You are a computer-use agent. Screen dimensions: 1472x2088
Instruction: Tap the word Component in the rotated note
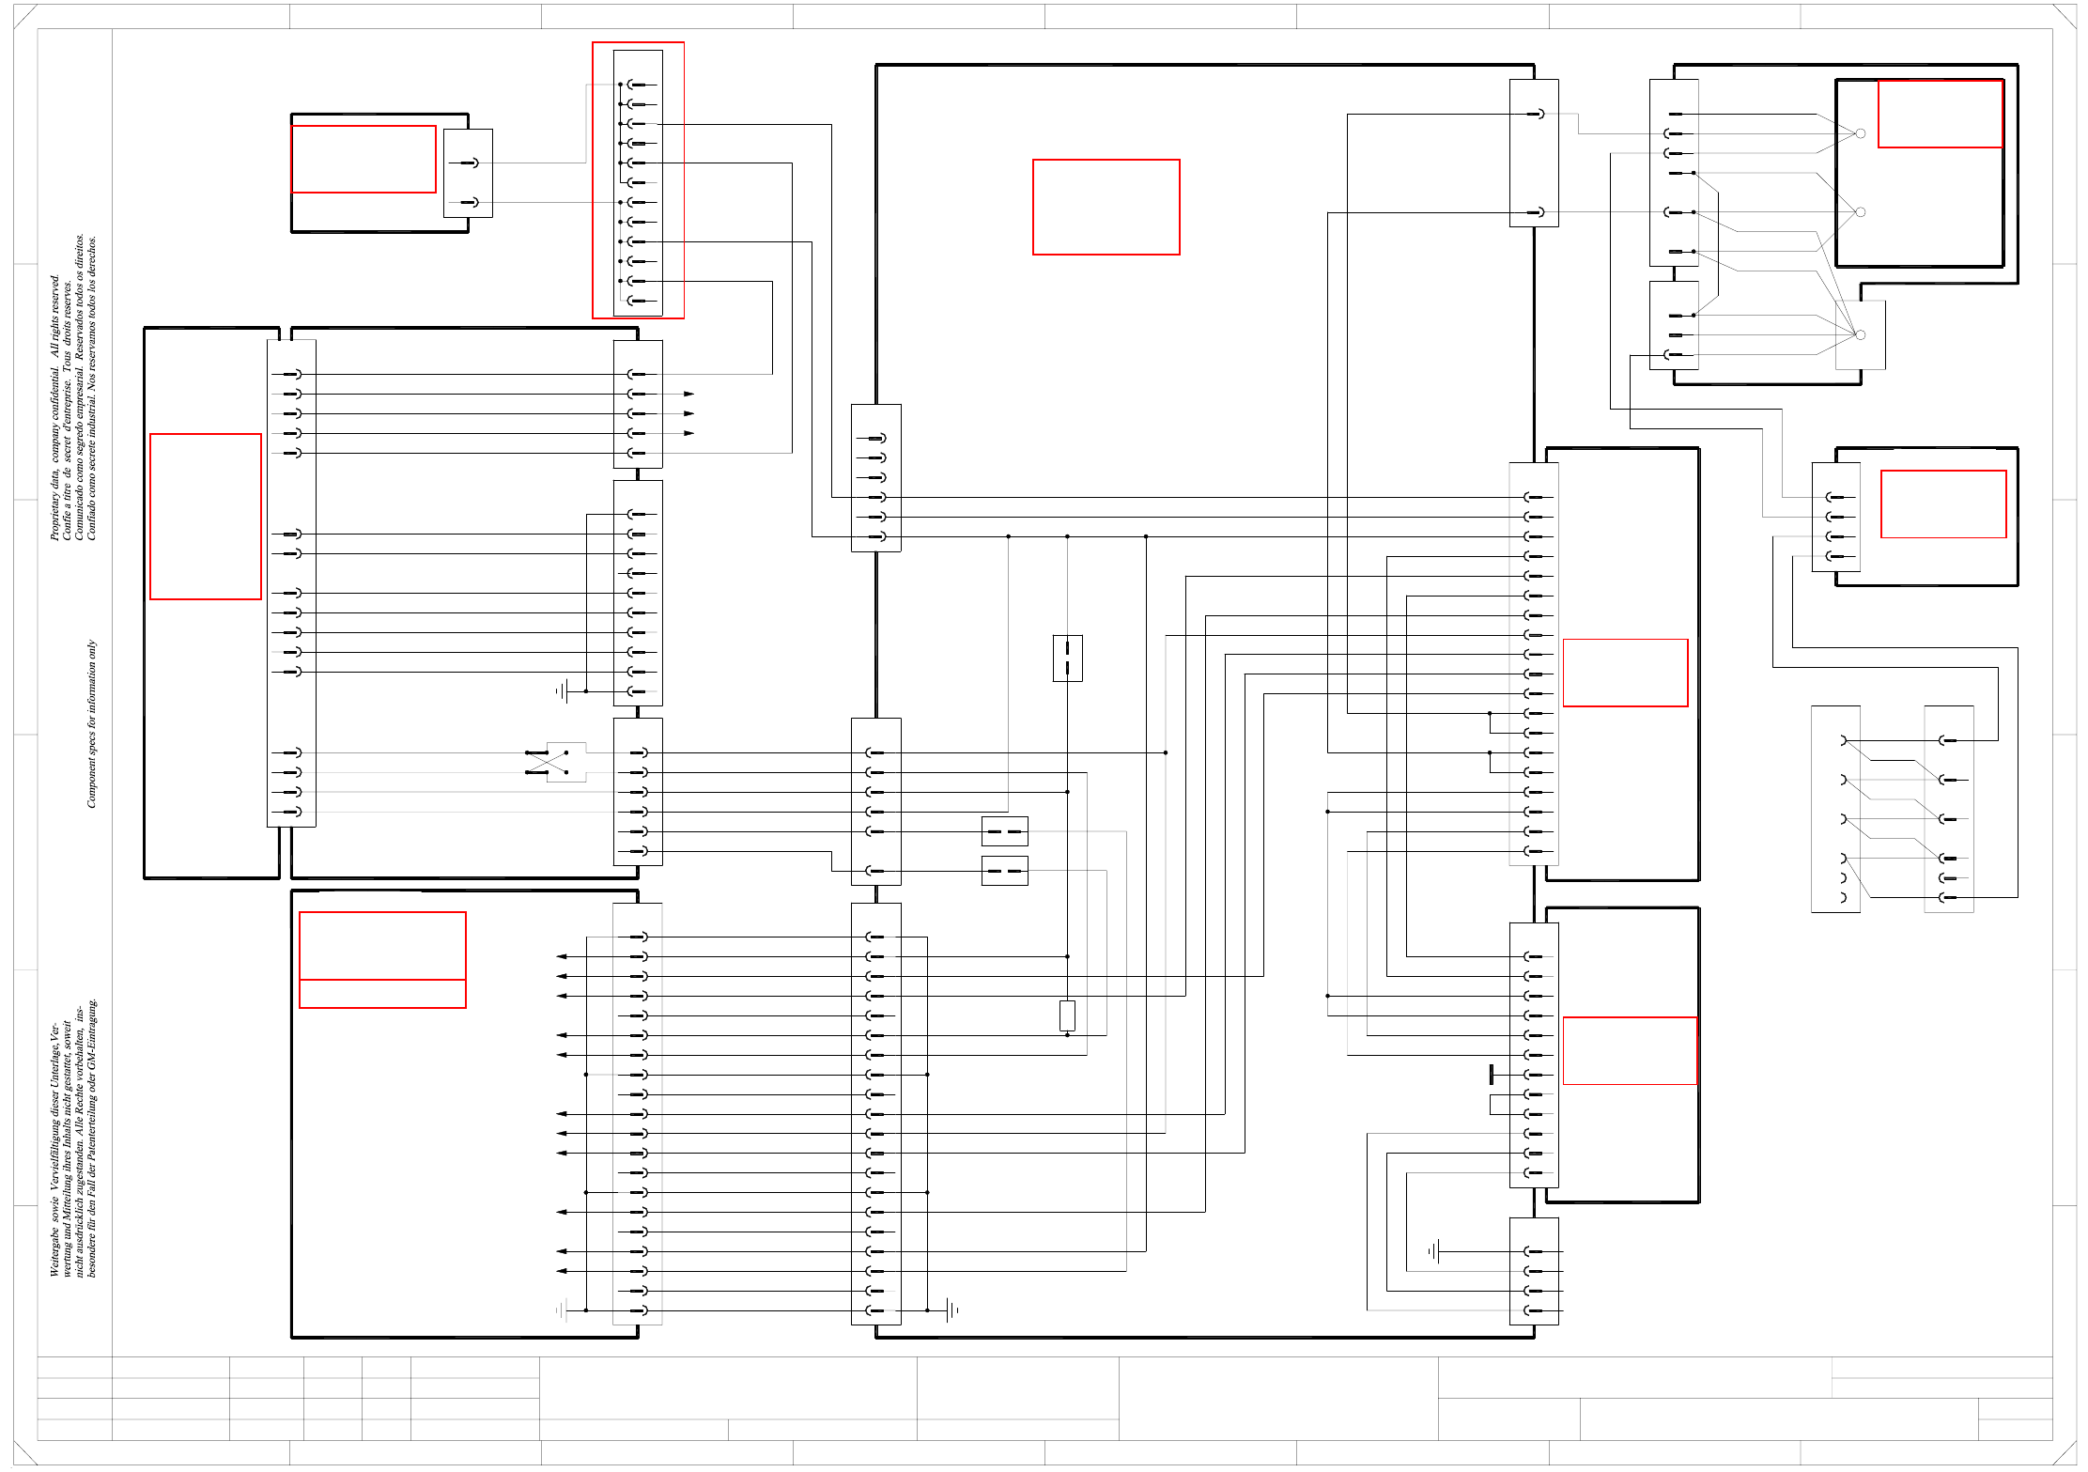coord(92,781)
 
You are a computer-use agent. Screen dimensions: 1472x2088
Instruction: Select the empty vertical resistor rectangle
coord(1067,1015)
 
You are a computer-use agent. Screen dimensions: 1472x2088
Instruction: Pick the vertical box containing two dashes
coord(1067,658)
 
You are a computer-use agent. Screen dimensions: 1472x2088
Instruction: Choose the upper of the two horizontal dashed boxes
coord(1004,831)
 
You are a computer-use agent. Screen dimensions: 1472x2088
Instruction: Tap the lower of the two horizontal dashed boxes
coord(1004,871)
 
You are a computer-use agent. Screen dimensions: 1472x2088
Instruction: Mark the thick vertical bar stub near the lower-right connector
coord(1491,1075)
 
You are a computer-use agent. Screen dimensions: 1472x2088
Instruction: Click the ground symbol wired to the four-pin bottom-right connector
coord(1433,1251)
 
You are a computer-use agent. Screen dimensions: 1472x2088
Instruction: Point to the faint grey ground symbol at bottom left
coord(562,1309)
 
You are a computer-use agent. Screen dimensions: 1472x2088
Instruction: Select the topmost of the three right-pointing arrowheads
coord(688,394)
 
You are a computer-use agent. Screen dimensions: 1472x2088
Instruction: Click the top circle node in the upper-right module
coord(1860,133)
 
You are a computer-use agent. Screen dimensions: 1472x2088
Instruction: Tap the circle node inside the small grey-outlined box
coord(1860,334)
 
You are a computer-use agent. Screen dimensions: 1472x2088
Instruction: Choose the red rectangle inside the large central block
coord(1106,207)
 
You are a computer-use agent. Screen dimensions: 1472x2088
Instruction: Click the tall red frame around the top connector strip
coord(638,180)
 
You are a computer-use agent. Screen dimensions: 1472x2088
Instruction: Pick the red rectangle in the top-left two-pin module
coord(363,159)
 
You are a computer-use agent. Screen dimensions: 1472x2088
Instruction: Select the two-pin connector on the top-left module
coord(468,174)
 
